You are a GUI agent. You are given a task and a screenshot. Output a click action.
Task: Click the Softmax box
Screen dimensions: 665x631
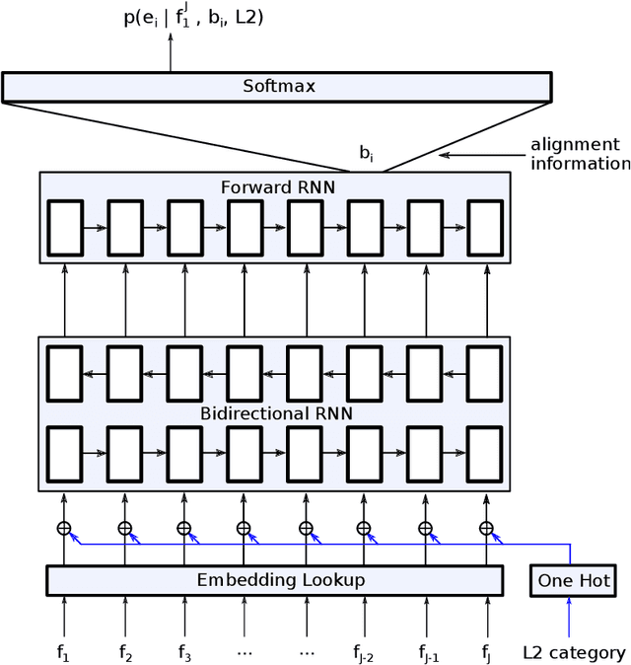coord(279,87)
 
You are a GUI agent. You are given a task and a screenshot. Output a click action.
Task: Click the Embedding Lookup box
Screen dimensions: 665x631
coord(274,580)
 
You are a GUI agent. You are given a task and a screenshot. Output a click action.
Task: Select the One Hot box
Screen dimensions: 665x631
coord(573,581)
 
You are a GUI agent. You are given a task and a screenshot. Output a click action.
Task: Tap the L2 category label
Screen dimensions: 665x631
coord(574,652)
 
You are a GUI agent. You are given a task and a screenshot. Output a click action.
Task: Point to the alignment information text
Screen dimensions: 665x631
coord(580,154)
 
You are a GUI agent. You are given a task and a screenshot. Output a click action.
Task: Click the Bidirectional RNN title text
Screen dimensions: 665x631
coord(275,412)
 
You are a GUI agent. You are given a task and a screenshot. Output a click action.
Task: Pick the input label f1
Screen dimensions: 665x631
coord(65,652)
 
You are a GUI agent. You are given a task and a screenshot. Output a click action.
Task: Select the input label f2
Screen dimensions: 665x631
coord(125,652)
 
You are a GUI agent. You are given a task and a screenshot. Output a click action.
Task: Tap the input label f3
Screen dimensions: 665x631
coord(184,652)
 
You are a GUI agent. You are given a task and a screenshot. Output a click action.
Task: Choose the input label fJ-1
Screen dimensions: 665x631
coord(426,652)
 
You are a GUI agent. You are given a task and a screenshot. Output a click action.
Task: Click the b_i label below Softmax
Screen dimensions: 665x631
coord(366,155)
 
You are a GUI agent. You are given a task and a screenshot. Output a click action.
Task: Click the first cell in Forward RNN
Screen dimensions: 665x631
coord(65,227)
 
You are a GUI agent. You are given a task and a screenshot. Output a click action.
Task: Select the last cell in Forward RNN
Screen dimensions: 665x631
coord(485,227)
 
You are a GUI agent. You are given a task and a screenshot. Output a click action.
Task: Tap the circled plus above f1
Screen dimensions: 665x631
coord(65,528)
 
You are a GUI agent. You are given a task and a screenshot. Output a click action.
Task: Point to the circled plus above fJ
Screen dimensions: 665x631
coord(485,528)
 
